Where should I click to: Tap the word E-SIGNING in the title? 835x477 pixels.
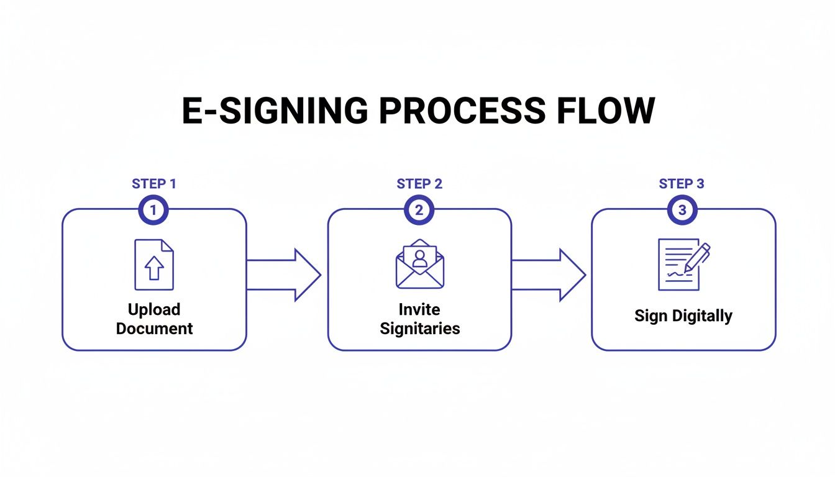coord(271,112)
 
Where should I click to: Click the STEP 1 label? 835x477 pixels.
coord(153,184)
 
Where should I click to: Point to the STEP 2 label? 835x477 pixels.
coord(419,184)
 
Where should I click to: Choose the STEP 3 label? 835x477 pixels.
coord(682,184)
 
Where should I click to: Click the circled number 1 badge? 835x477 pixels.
coord(153,211)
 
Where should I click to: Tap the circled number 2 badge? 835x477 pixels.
coord(419,211)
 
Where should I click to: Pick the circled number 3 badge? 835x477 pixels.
coord(682,211)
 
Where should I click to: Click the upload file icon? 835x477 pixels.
coord(154,265)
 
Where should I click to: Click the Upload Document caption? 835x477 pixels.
coord(154,319)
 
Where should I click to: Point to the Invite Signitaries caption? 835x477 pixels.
coord(420,319)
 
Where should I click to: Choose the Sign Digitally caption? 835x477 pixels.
coord(683,316)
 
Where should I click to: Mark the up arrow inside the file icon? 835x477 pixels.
coord(153,268)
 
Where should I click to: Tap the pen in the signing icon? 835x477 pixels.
coord(698,257)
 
